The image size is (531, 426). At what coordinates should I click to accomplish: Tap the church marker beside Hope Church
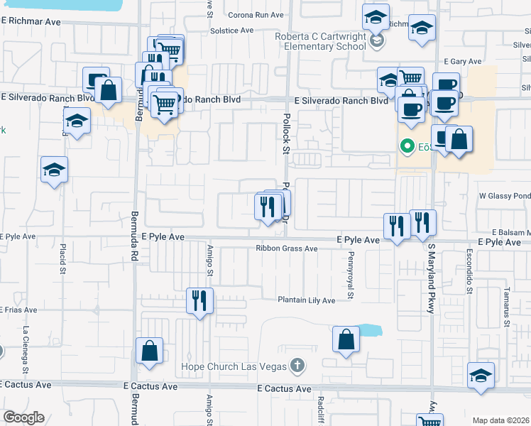click(297, 366)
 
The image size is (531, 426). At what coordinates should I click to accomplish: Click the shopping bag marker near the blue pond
click(346, 340)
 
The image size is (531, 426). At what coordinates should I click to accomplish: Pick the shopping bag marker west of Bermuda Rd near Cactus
click(149, 351)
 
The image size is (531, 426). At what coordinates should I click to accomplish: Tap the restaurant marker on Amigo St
click(199, 300)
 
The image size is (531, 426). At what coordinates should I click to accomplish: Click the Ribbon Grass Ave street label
click(287, 249)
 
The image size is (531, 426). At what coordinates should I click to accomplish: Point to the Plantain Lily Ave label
click(306, 300)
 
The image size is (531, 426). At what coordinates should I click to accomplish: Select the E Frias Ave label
click(17, 310)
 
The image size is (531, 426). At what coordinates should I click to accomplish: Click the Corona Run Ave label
click(256, 14)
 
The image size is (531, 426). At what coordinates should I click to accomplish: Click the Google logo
click(23, 417)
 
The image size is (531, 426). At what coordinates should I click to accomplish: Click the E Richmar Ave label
click(31, 22)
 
